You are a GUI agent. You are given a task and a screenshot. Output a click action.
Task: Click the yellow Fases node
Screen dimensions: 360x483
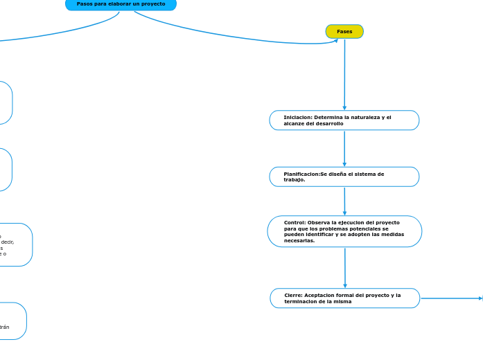344,31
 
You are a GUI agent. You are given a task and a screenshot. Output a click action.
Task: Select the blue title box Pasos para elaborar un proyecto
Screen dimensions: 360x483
121,4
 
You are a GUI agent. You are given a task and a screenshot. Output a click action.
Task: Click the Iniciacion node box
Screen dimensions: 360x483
344,120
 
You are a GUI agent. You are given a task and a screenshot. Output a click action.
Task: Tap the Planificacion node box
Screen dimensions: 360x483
344,177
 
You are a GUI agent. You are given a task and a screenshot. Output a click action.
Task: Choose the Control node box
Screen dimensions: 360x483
344,231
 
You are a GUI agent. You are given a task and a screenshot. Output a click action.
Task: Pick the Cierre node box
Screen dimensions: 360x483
344,298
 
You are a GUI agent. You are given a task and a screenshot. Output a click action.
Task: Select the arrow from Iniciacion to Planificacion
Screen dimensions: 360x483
344,147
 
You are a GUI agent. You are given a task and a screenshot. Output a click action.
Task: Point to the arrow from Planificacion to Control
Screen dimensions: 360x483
344,201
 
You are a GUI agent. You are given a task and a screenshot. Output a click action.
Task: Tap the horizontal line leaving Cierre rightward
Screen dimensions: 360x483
450,298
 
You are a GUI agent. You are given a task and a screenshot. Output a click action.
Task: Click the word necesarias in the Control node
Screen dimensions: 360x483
299,241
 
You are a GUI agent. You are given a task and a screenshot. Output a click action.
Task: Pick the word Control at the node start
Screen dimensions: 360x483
295,223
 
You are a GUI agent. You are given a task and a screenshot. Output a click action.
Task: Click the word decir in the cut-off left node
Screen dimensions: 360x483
8,242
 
